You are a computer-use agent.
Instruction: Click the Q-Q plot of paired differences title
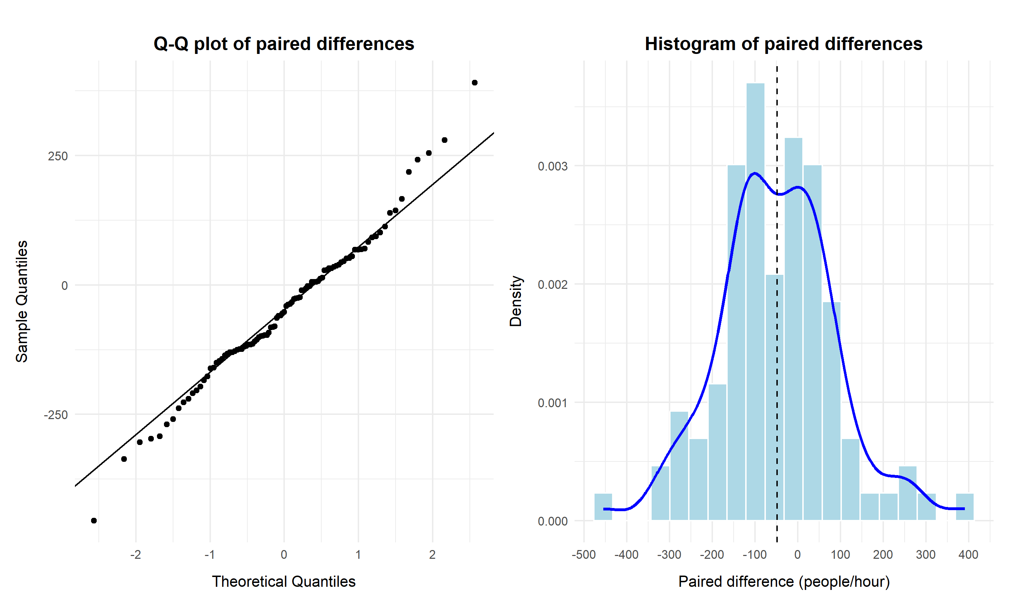[283, 44]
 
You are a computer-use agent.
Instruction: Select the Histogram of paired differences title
[783, 44]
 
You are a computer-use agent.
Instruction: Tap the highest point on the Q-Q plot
[474, 83]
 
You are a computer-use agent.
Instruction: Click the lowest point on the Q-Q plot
[94, 521]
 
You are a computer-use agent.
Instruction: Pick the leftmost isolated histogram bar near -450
[603, 507]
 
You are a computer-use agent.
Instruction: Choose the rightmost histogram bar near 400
[965, 507]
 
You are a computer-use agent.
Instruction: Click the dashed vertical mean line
[777, 367]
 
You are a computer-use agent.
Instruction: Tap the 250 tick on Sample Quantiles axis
[57, 156]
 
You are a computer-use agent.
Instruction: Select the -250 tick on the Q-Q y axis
[55, 415]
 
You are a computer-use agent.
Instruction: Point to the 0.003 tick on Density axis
[552, 166]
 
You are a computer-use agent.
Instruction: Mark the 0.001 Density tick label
[552, 403]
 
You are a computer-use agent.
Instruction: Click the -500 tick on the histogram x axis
[584, 555]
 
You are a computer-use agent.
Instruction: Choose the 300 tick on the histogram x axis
[925, 555]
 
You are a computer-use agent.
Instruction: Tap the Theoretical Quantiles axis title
[283, 581]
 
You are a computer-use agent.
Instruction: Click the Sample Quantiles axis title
[22, 301]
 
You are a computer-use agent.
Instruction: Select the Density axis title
[516, 301]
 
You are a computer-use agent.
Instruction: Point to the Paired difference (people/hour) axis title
[783, 581]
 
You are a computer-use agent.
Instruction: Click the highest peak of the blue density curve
[755, 173]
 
